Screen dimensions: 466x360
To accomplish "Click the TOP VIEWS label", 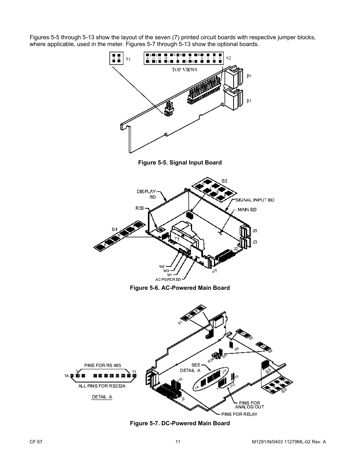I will (x=185, y=69).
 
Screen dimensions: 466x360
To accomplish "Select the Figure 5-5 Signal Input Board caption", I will (x=180, y=163).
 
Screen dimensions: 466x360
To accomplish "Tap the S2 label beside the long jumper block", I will (x=228, y=58).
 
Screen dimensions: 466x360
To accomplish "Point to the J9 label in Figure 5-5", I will (x=249, y=76).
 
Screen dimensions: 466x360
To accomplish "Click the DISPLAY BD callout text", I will (x=146, y=194).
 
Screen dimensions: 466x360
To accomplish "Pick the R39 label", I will (x=140, y=208).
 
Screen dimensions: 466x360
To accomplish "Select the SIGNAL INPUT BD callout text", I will (x=255, y=200).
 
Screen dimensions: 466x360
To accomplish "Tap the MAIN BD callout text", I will (x=247, y=210).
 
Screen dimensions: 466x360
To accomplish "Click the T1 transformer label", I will (x=176, y=239).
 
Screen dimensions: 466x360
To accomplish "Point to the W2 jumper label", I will (x=162, y=267).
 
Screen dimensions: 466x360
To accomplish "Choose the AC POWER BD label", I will (x=168, y=279).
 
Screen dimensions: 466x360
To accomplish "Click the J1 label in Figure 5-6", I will (x=214, y=271).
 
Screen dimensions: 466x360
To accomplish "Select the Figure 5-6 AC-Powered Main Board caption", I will (x=180, y=288).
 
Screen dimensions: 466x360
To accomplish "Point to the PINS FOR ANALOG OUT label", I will (x=249, y=405).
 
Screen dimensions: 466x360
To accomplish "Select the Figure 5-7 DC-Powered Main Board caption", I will (x=180, y=423).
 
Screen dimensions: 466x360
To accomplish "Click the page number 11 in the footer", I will (x=178, y=442).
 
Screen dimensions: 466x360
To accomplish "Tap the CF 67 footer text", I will (x=35, y=442).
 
